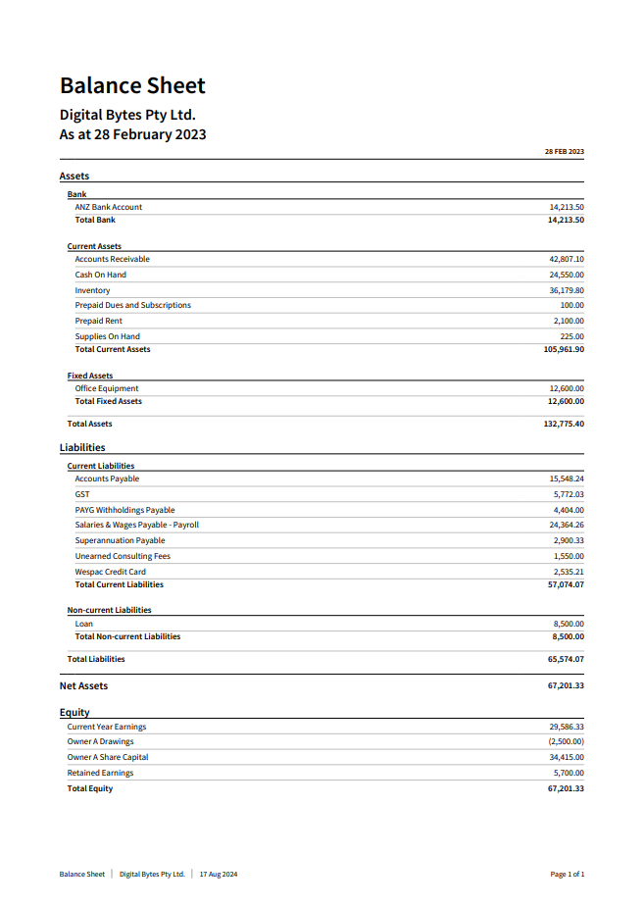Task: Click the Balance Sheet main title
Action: (132, 85)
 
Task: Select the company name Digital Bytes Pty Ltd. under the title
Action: (127, 115)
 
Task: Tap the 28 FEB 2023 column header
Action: (564, 152)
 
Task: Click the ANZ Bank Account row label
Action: (108, 208)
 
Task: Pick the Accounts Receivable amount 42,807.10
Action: (567, 260)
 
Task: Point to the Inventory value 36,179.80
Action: (567, 291)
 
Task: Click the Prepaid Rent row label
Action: (98, 322)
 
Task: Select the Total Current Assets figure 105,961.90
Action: (564, 349)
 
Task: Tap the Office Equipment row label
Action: (107, 389)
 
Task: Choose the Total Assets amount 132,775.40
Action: (564, 425)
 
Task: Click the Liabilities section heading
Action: (82, 448)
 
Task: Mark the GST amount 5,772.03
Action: (569, 495)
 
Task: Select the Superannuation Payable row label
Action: (120, 541)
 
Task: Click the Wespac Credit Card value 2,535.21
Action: (569, 572)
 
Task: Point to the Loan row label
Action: (84, 624)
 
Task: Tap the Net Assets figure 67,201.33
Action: (566, 686)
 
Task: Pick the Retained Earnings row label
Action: (100, 774)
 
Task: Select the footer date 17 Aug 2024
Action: (219, 875)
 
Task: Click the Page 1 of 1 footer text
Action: (568, 875)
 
